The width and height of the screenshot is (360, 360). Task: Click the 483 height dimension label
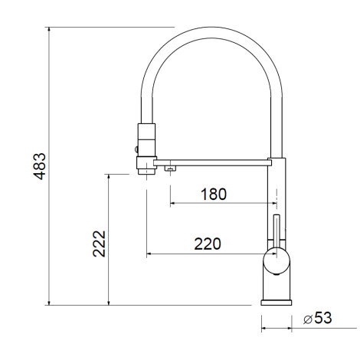40,166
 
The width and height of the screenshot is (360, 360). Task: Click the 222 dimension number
99,244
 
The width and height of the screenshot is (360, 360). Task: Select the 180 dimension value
214,194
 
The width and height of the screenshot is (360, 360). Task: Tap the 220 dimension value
208,244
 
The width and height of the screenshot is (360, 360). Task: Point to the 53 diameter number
323,318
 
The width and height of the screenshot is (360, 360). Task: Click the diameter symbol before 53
308,319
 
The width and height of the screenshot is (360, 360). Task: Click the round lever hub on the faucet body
277,260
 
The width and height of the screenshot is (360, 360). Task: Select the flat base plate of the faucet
277,303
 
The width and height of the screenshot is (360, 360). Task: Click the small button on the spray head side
136,149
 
